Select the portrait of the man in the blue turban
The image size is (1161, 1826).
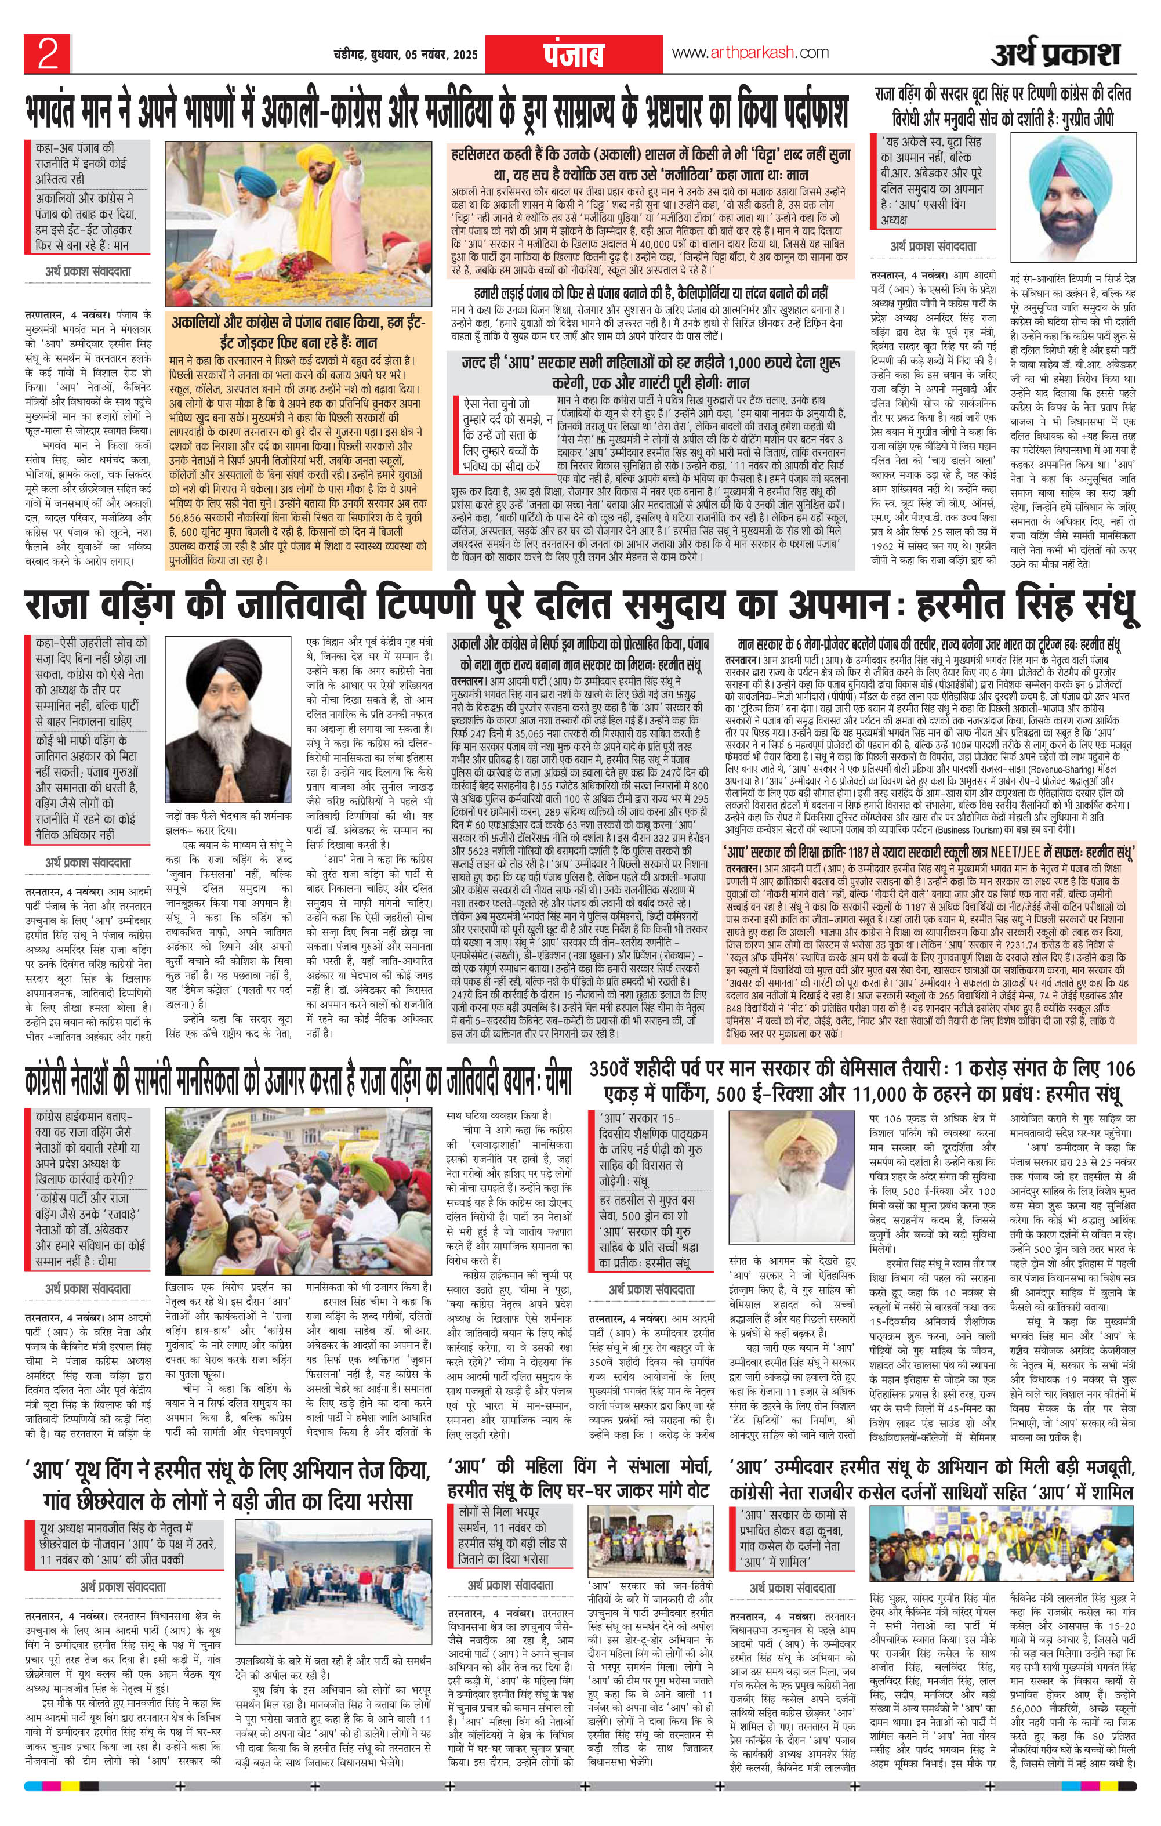[x=1076, y=190]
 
